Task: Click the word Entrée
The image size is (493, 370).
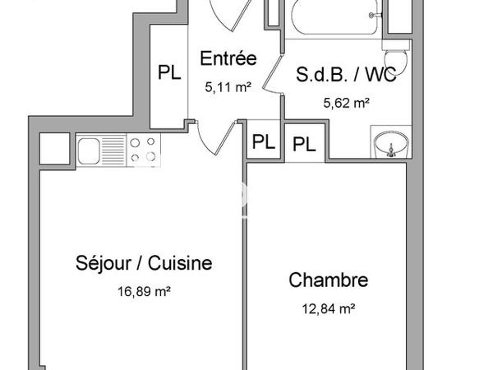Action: [x=228, y=59]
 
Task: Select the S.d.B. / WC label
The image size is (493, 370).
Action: [x=346, y=76]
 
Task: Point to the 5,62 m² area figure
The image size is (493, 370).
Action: [x=347, y=104]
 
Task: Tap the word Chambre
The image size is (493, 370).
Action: [x=328, y=280]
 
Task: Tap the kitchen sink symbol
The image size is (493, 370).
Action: [x=88, y=150]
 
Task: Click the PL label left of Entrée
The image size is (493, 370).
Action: [x=169, y=72]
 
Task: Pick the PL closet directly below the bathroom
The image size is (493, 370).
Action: [x=304, y=145]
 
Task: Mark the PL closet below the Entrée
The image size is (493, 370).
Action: [x=262, y=141]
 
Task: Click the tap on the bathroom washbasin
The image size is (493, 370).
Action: [x=391, y=150]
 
